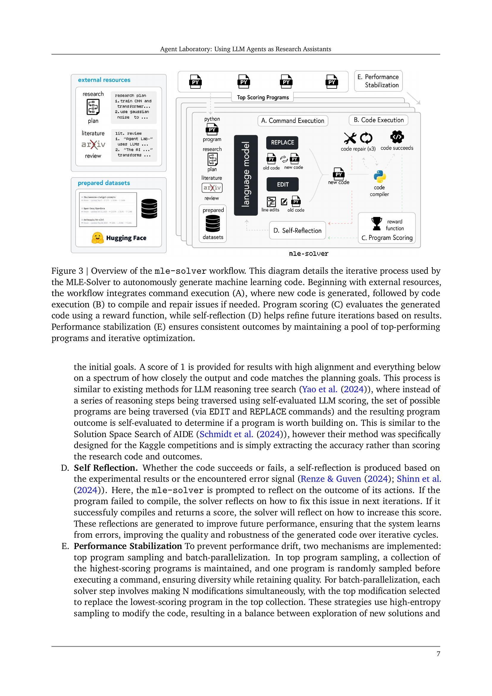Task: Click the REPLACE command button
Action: coord(282,143)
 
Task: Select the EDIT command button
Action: coord(282,184)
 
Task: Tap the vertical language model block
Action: coord(246,175)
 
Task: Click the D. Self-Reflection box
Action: coord(297,230)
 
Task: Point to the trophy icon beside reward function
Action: coord(377,223)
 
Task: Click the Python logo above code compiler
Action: coord(380,176)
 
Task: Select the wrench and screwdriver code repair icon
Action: coord(350,138)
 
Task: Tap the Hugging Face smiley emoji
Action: coord(97,238)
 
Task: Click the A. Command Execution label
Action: coord(293,121)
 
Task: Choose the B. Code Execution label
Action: coord(378,120)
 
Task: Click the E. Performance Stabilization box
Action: coord(378,81)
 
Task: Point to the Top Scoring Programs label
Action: coord(263,97)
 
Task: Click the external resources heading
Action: coord(104,80)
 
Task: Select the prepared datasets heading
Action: coord(104,183)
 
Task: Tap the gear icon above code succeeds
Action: coord(397,137)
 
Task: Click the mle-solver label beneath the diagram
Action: coord(308,254)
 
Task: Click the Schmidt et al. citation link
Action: coord(226,434)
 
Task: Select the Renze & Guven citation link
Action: coord(331,479)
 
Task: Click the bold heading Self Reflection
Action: coord(106,468)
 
